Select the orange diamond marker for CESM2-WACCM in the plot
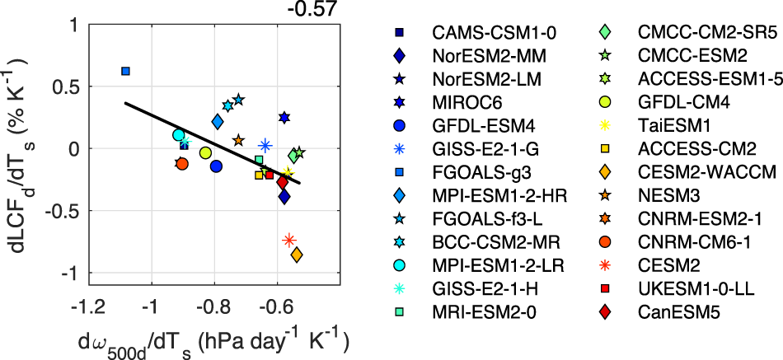[x=297, y=255]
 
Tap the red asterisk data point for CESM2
[x=289, y=240]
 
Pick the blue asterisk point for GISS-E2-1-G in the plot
[x=265, y=146]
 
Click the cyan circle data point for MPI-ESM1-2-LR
[x=179, y=135]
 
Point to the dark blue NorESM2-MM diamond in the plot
[x=284, y=196]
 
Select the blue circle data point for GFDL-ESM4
[x=217, y=166]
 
